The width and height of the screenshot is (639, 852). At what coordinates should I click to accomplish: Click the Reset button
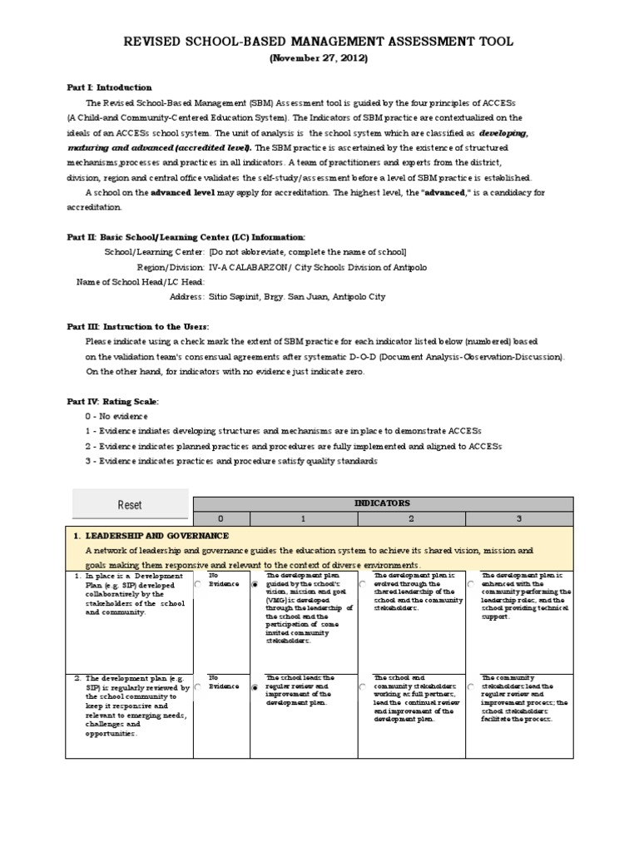tap(129, 504)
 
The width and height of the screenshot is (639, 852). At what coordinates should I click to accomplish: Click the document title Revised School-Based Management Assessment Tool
tap(319, 41)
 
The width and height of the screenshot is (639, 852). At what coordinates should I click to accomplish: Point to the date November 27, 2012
tap(318, 58)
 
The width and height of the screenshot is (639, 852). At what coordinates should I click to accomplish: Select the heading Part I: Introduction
tap(109, 87)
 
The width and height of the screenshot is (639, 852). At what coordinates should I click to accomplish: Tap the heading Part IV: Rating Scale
tap(112, 401)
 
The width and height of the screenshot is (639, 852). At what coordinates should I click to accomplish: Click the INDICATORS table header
tap(382, 503)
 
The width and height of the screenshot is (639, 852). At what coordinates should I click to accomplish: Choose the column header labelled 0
tap(221, 518)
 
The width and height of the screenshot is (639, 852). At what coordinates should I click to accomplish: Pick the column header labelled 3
tap(518, 518)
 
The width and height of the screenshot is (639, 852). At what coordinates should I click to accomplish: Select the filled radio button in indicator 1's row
tap(255, 585)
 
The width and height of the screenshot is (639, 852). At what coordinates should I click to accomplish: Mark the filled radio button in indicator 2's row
tap(255, 688)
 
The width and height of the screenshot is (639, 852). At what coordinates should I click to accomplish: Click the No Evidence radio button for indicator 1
tap(197, 585)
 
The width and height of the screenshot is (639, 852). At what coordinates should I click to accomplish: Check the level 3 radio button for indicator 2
tap(471, 688)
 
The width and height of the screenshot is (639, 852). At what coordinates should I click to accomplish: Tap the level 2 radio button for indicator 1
tap(363, 585)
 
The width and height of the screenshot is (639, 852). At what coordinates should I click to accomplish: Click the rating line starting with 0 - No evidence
tap(116, 415)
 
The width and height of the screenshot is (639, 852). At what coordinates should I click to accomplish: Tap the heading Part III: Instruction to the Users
tap(138, 326)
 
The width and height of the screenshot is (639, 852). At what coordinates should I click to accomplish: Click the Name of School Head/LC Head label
tap(141, 281)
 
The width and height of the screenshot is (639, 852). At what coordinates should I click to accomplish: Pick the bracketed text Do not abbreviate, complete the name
tap(307, 251)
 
